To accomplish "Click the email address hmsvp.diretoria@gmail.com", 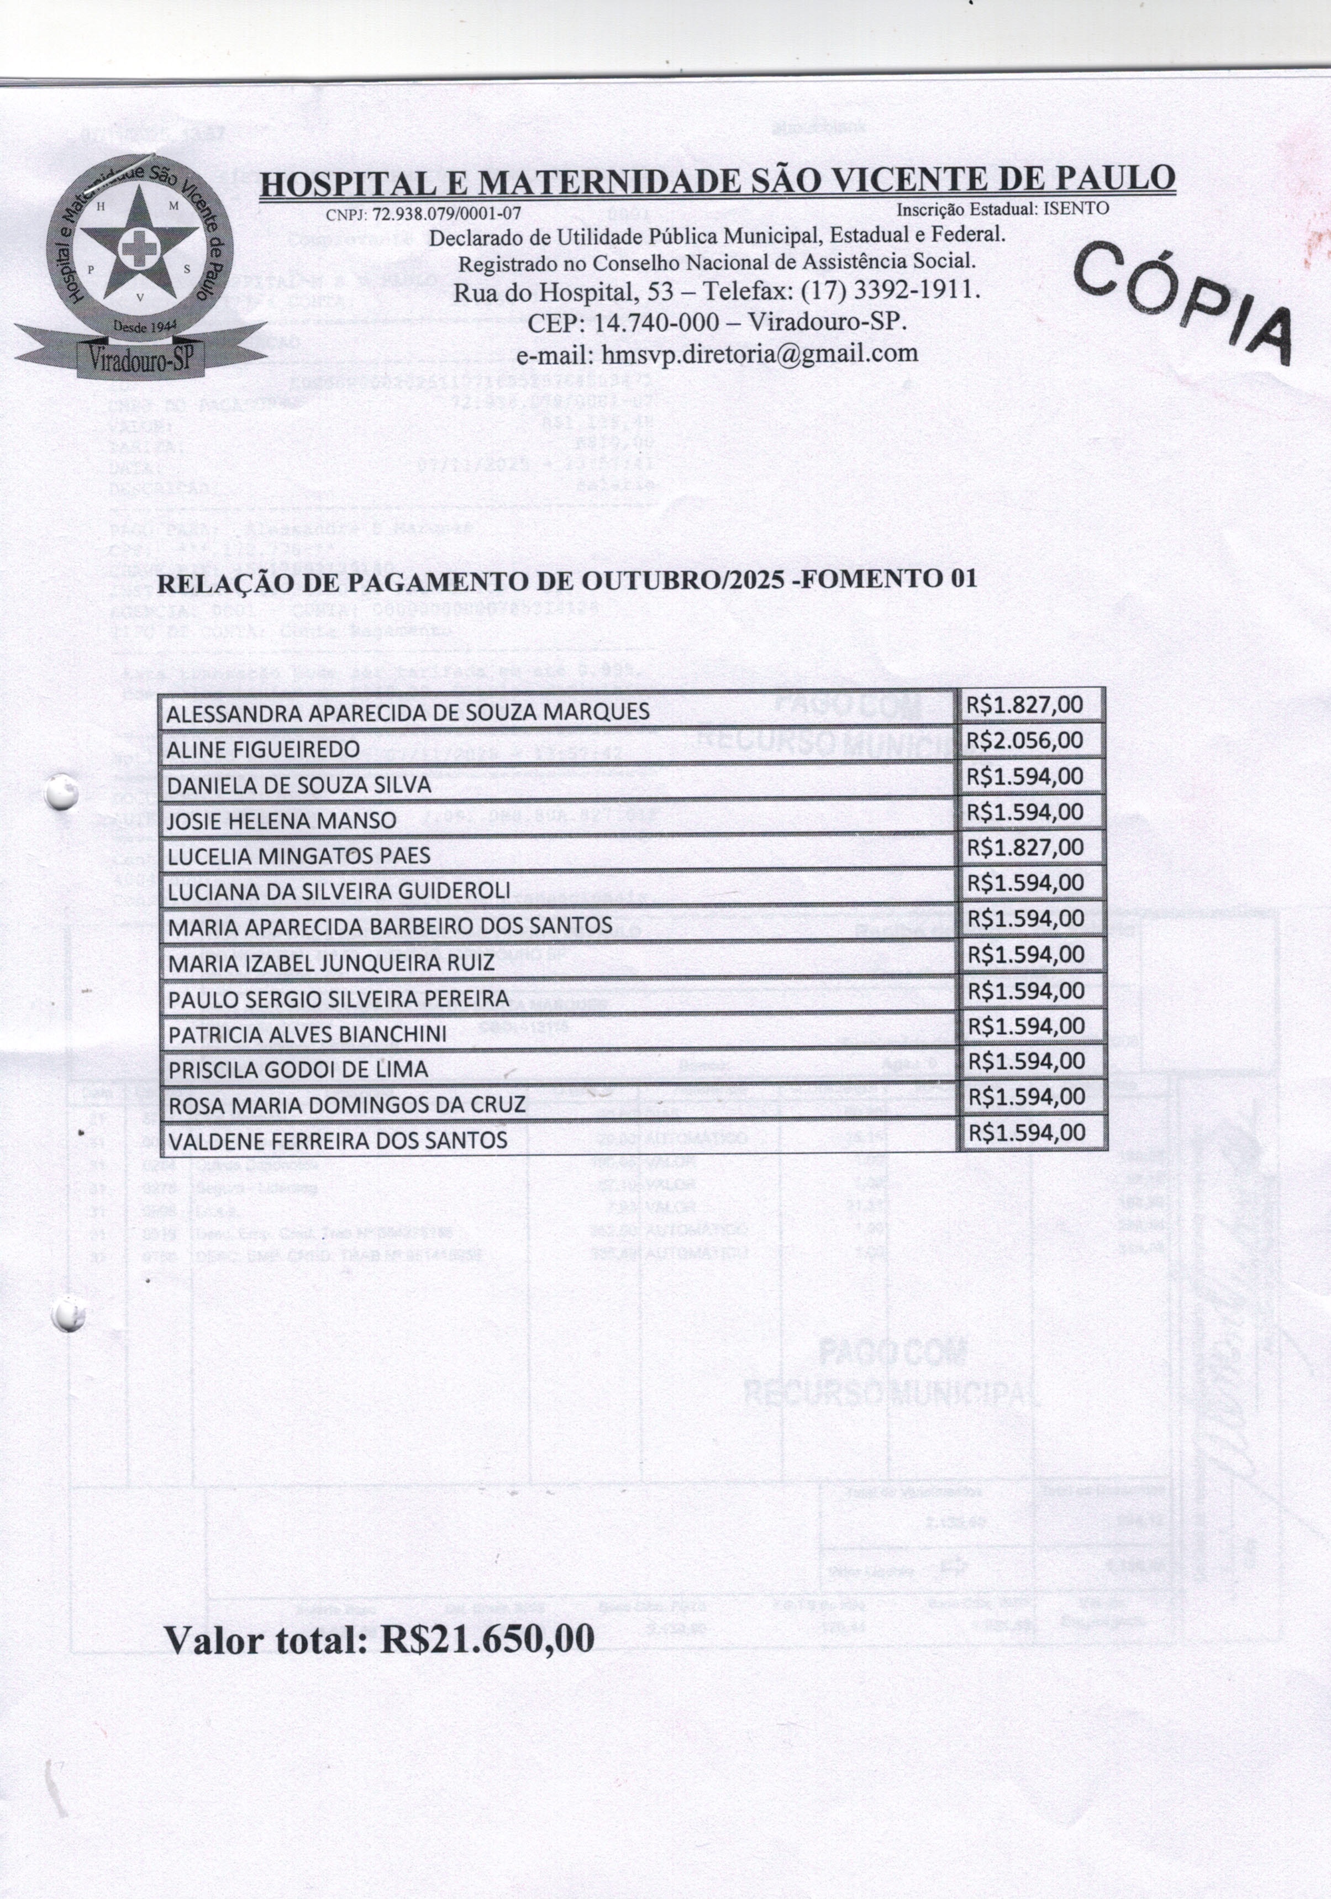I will click(717, 353).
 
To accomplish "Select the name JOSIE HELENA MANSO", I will click(282, 820).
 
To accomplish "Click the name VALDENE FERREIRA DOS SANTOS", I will click(338, 1140).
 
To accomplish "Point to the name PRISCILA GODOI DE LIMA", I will click(298, 1070).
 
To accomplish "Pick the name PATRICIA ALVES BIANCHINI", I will click(308, 1034).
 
